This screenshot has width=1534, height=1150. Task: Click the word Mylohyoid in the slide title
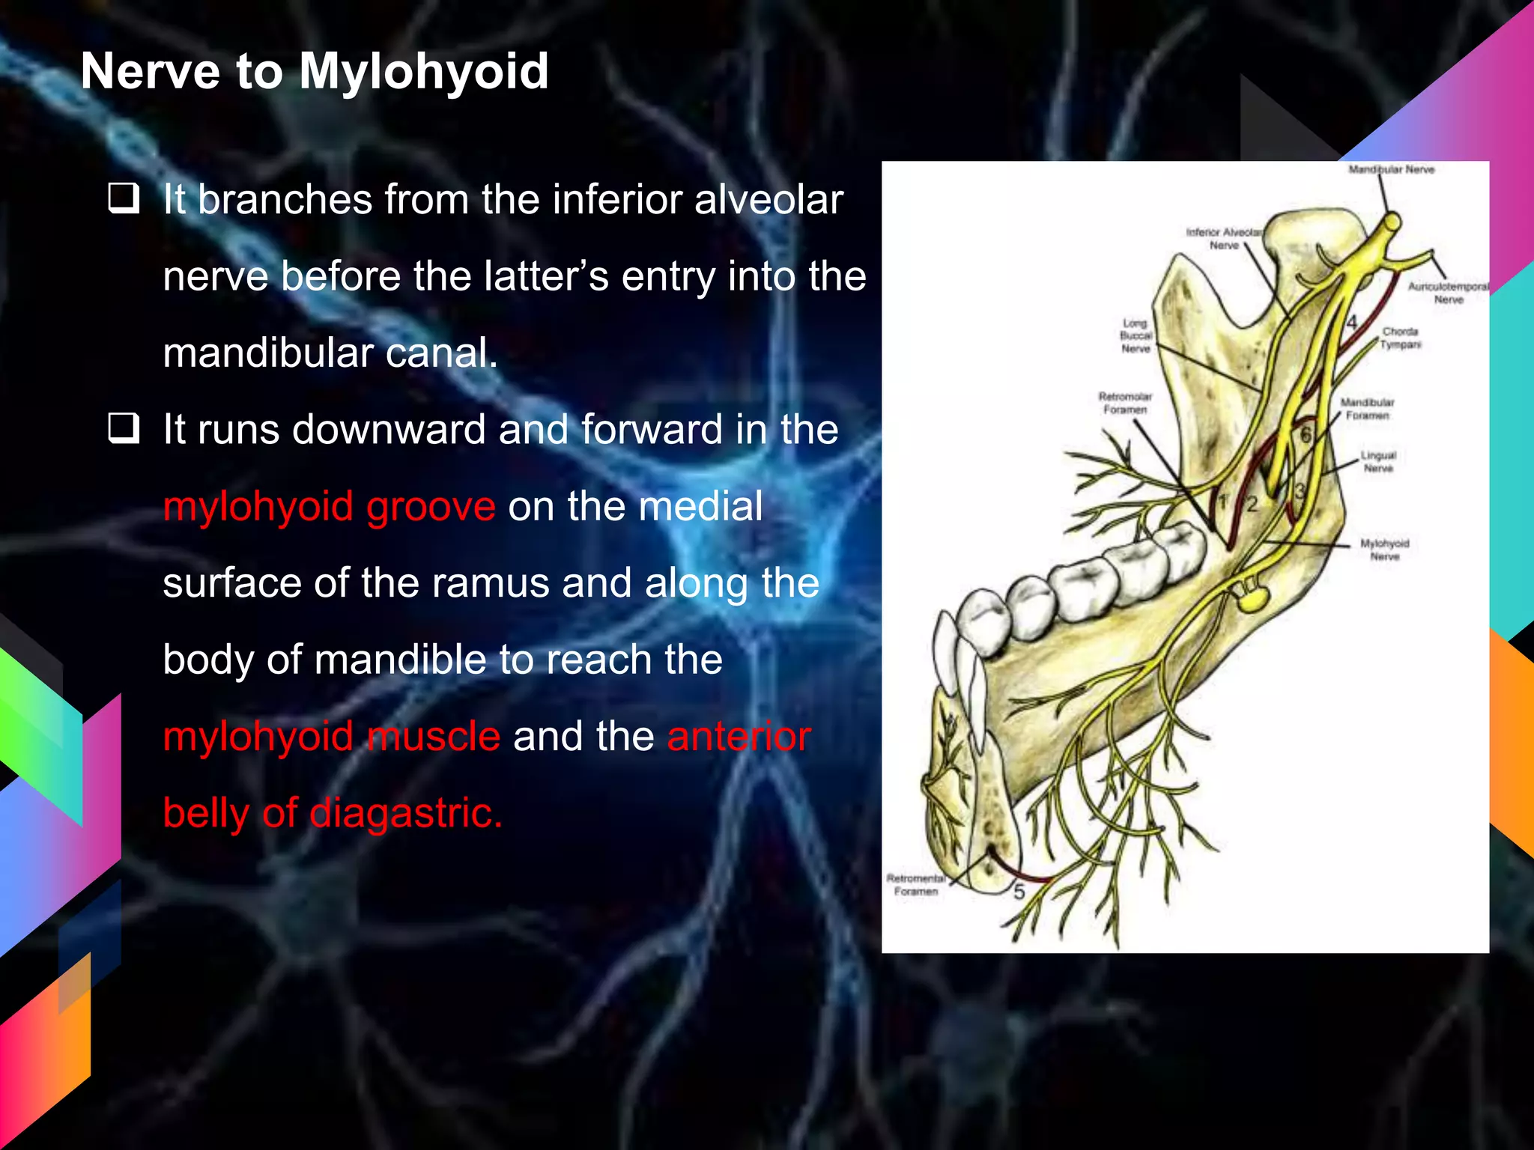(424, 73)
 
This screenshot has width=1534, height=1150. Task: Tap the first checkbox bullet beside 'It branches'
(124, 199)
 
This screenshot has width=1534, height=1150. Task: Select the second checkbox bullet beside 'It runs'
(124, 429)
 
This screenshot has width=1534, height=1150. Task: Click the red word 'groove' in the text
(431, 507)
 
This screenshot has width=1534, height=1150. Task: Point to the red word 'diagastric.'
(405, 813)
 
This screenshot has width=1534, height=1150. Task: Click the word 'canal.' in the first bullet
(441, 353)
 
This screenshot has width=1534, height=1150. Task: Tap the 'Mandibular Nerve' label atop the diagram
(1391, 170)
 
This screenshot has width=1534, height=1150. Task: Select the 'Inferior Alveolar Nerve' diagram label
(1224, 239)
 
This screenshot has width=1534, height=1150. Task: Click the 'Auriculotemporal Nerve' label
(1448, 293)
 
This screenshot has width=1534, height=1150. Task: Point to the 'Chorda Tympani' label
(1400, 338)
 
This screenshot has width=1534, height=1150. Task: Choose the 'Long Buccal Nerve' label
(1136, 336)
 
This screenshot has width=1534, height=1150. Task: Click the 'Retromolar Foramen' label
(1125, 403)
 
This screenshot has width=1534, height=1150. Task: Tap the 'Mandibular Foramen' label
(1367, 409)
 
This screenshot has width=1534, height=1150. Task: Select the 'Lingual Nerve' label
(1378, 461)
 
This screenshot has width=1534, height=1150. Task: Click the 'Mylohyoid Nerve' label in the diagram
(1384, 550)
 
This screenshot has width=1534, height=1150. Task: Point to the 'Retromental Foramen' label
(916, 884)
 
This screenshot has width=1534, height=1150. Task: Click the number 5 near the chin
(1019, 892)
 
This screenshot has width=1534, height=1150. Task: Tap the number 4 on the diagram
(1351, 323)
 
